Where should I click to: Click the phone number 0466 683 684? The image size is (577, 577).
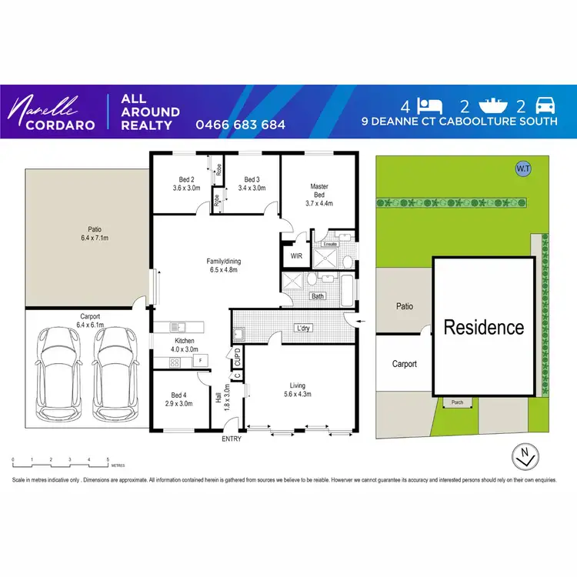(240, 125)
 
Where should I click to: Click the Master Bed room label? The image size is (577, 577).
(319, 191)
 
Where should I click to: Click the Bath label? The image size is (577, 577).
(317, 296)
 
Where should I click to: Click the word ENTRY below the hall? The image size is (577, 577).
(232, 439)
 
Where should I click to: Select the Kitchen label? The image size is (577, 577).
(185, 341)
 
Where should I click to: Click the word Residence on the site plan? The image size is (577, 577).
(483, 328)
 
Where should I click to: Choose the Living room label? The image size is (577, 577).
(298, 385)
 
